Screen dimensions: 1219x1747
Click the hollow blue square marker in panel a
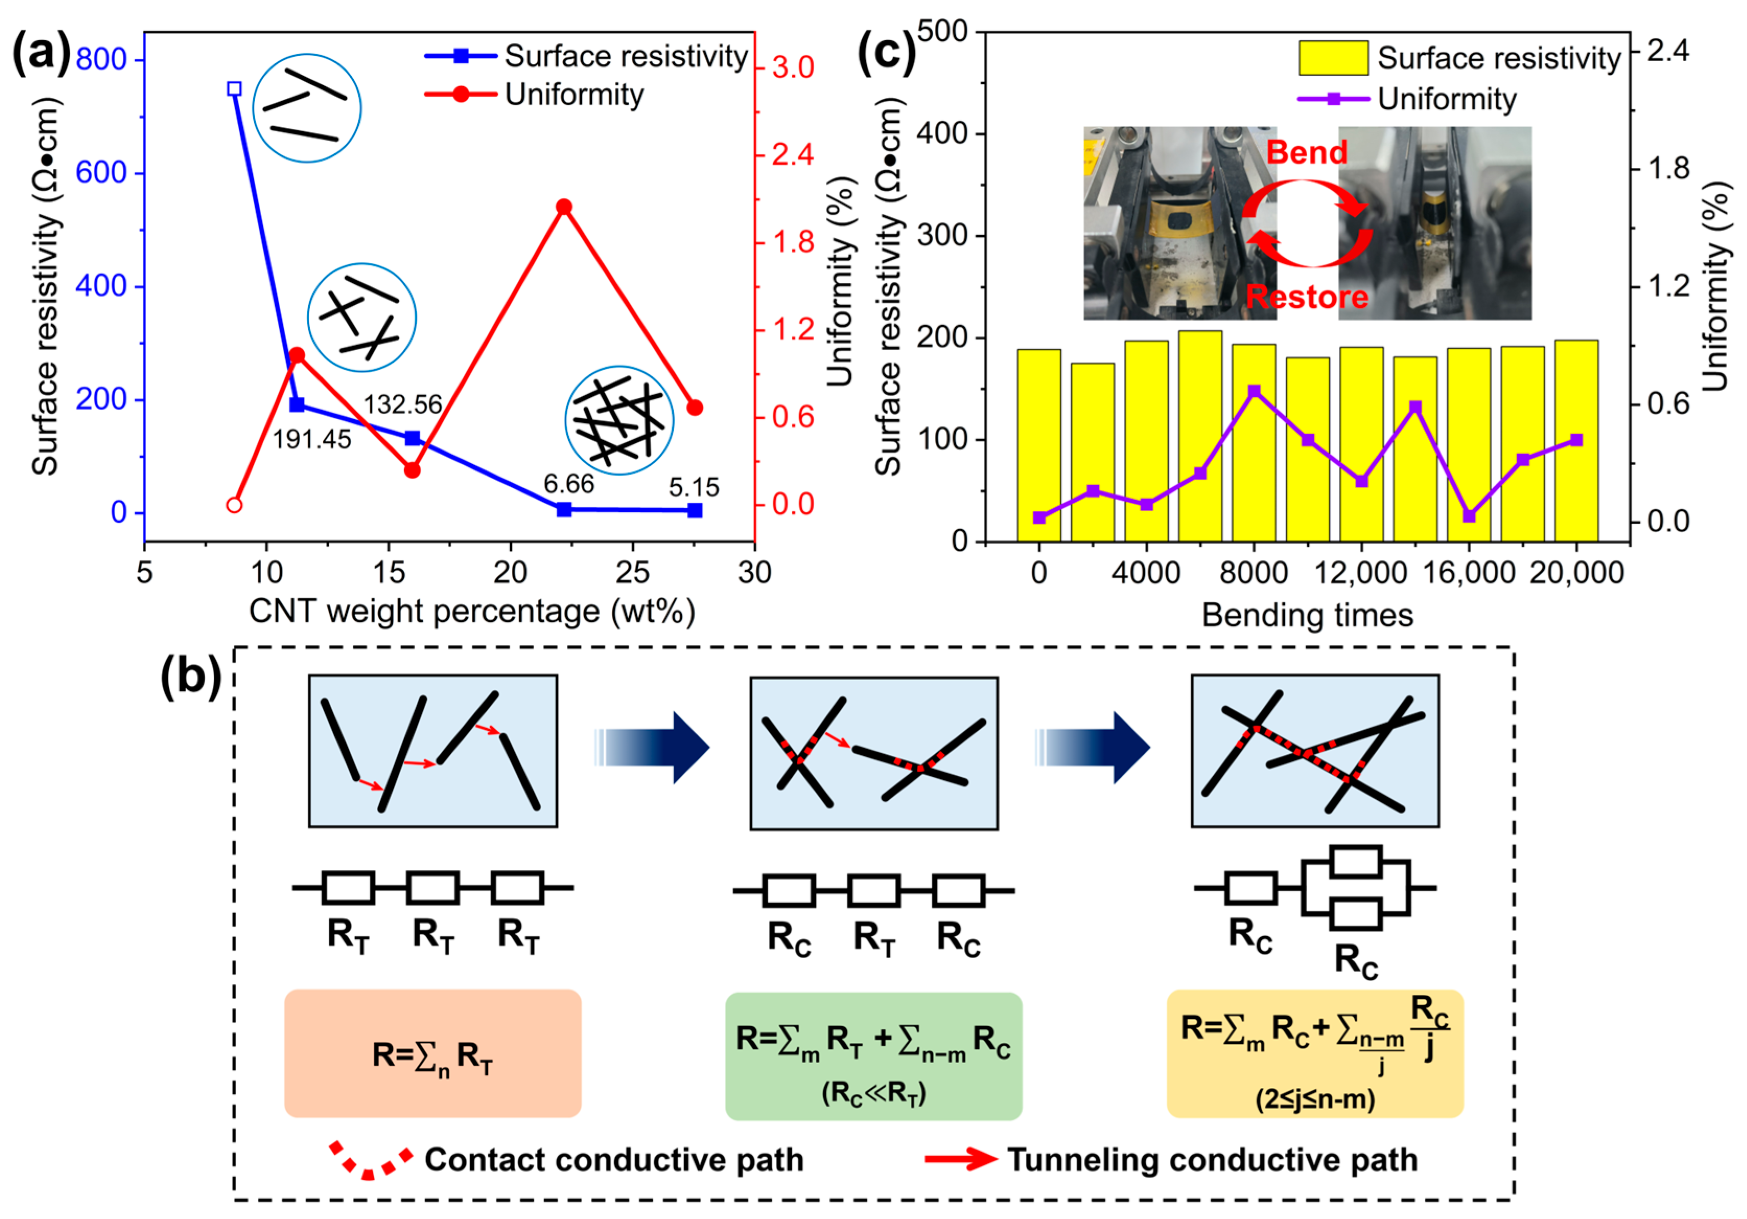tap(235, 89)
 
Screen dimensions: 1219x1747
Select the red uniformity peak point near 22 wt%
tap(564, 207)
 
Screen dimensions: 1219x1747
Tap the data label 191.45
tap(312, 439)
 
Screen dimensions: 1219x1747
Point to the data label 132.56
tap(403, 404)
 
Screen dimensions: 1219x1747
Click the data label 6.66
tap(568, 484)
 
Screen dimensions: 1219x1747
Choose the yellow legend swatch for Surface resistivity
tap(1333, 59)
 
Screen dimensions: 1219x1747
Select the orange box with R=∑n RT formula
tap(432, 1053)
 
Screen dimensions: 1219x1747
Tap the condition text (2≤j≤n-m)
tap(1315, 1099)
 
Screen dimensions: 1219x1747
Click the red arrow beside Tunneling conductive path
tap(960, 1159)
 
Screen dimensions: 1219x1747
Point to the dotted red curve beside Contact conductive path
tap(371, 1161)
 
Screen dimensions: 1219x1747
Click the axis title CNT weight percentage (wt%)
tap(472, 612)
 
